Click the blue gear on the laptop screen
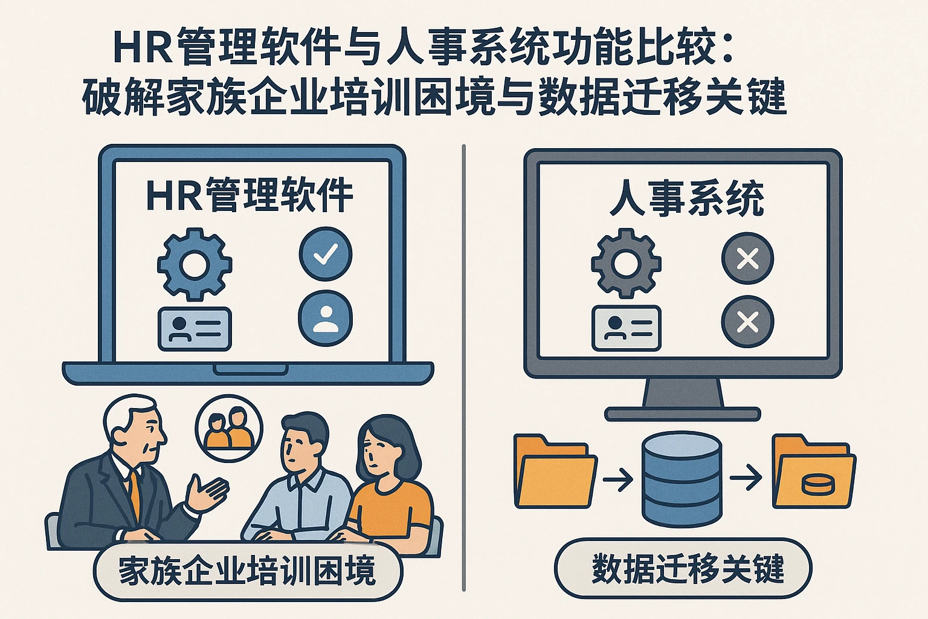click(x=195, y=264)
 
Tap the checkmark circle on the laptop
click(x=326, y=254)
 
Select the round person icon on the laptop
click(x=326, y=318)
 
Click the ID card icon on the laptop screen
click(x=195, y=329)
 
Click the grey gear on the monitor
click(x=626, y=264)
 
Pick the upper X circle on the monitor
click(x=748, y=258)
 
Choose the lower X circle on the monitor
click(x=748, y=322)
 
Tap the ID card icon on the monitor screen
click(x=626, y=328)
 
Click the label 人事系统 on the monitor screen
click(x=687, y=198)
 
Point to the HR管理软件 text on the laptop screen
click(x=250, y=195)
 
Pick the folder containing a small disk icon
click(x=814, y=470)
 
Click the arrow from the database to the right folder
click(x=746, y=478)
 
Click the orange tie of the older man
click(x=134, y=493)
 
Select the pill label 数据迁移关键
click(x=683, y=568)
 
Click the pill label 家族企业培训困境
click(x=248, y=571)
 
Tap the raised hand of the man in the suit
click(x=206, y=493)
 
